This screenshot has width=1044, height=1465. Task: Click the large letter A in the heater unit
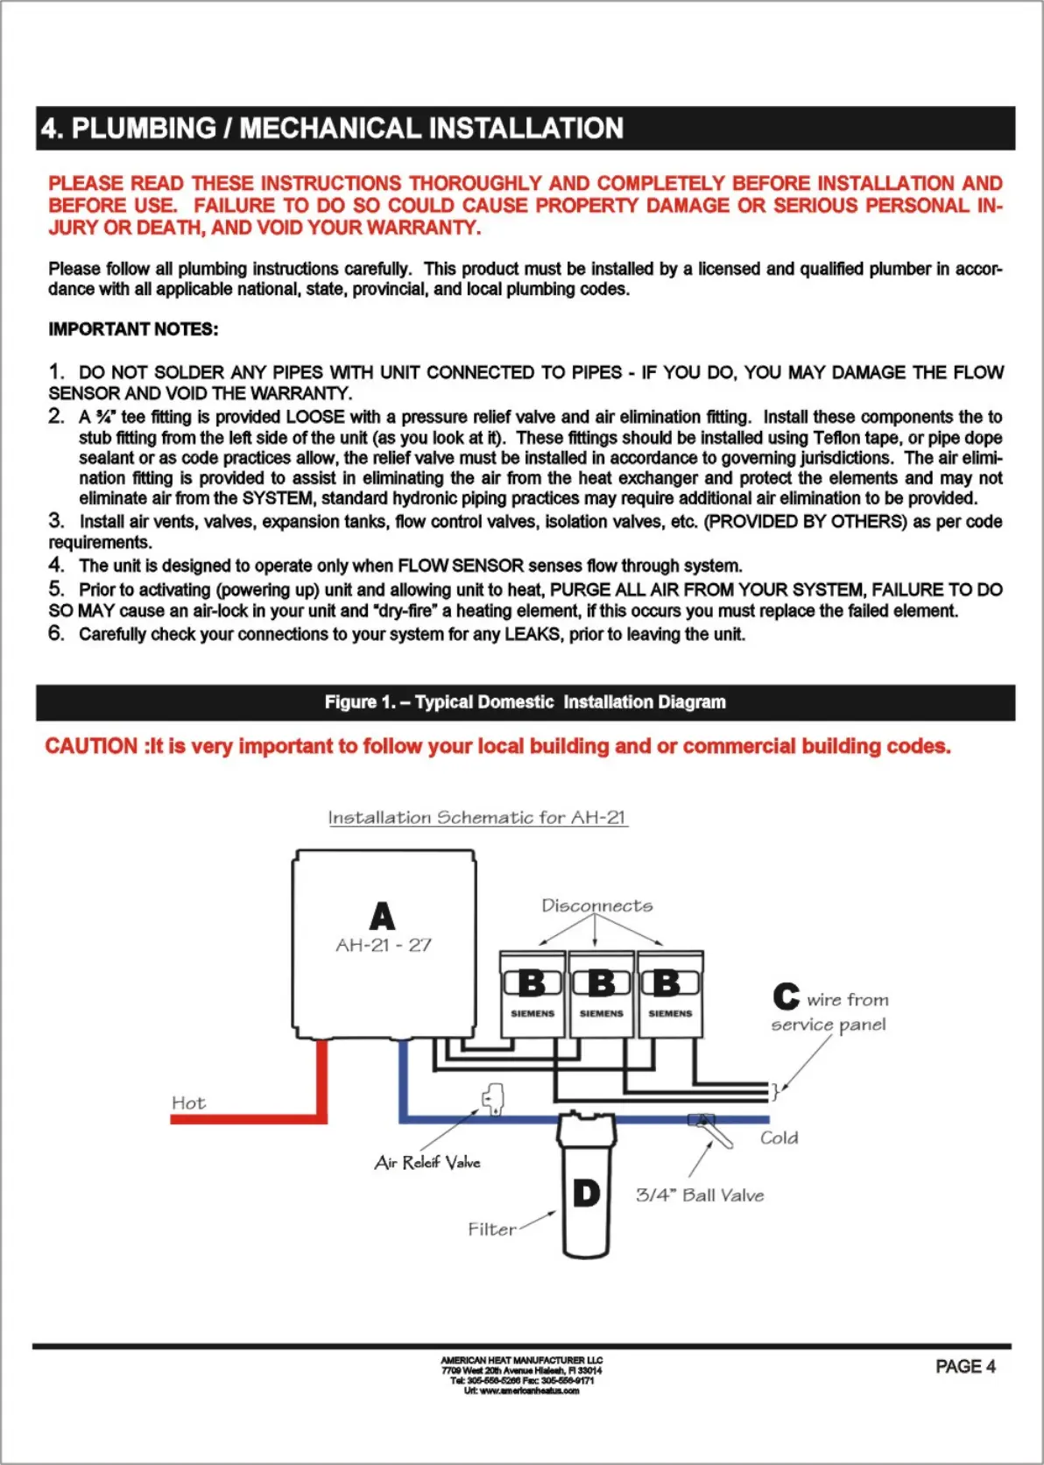click(382, 916)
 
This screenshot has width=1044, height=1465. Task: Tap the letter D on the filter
click(586, 1193)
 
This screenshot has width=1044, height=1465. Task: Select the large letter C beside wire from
click(786, 997)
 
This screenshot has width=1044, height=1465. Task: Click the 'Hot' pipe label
click(188, 1102)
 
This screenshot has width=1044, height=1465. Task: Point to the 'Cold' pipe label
click(779, 1137)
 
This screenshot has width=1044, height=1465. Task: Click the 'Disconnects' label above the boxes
click(596, 905)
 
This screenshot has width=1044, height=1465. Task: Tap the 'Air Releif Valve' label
click(427, 1162)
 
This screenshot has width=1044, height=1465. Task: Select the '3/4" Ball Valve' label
click(700, 1195)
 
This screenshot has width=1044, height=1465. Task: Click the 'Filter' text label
click(491, 1229)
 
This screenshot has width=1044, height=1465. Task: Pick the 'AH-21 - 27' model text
click(383, 945)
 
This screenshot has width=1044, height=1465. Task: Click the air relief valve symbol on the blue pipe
click(493, 1099)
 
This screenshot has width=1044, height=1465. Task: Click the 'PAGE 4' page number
click(965, 1367)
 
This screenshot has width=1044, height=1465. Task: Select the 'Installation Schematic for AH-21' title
click(477, 817)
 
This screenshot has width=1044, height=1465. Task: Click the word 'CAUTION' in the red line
click(91, 746)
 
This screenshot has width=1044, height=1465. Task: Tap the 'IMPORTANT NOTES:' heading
click(133, 329)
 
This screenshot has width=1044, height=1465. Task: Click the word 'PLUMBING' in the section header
click(144, 129)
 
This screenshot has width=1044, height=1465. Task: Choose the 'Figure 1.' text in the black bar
click(359, 702)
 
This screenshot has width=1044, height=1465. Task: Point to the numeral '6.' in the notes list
click(56, 633)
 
